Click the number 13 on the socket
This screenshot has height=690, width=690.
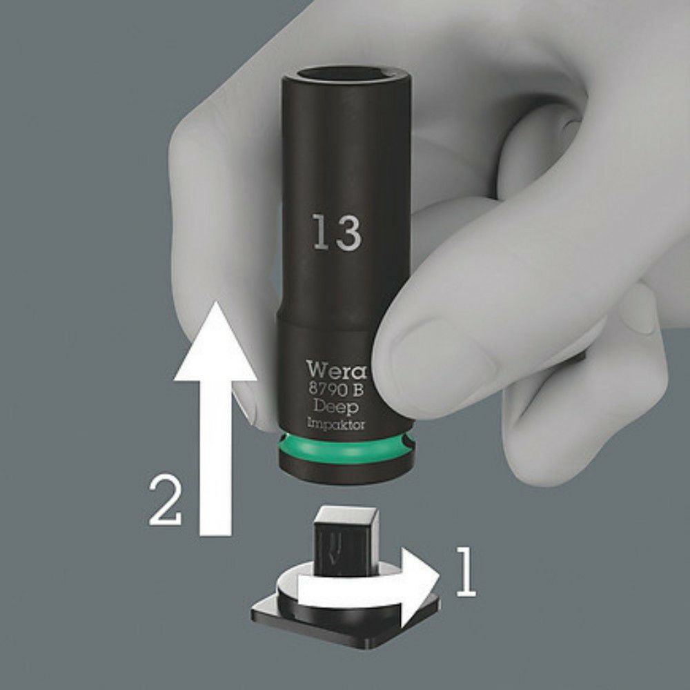pyautogui.click(x=338, y=233)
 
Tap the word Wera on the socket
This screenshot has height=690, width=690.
pyautogui.click(x=336, y=370)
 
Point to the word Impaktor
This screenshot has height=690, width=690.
pyautogui.click(x=336, y=424)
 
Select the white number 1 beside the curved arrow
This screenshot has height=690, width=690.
pyautogui.click(x=467, y=572)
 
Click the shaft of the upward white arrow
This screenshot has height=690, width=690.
pyautogui.click(x=216, y=457)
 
